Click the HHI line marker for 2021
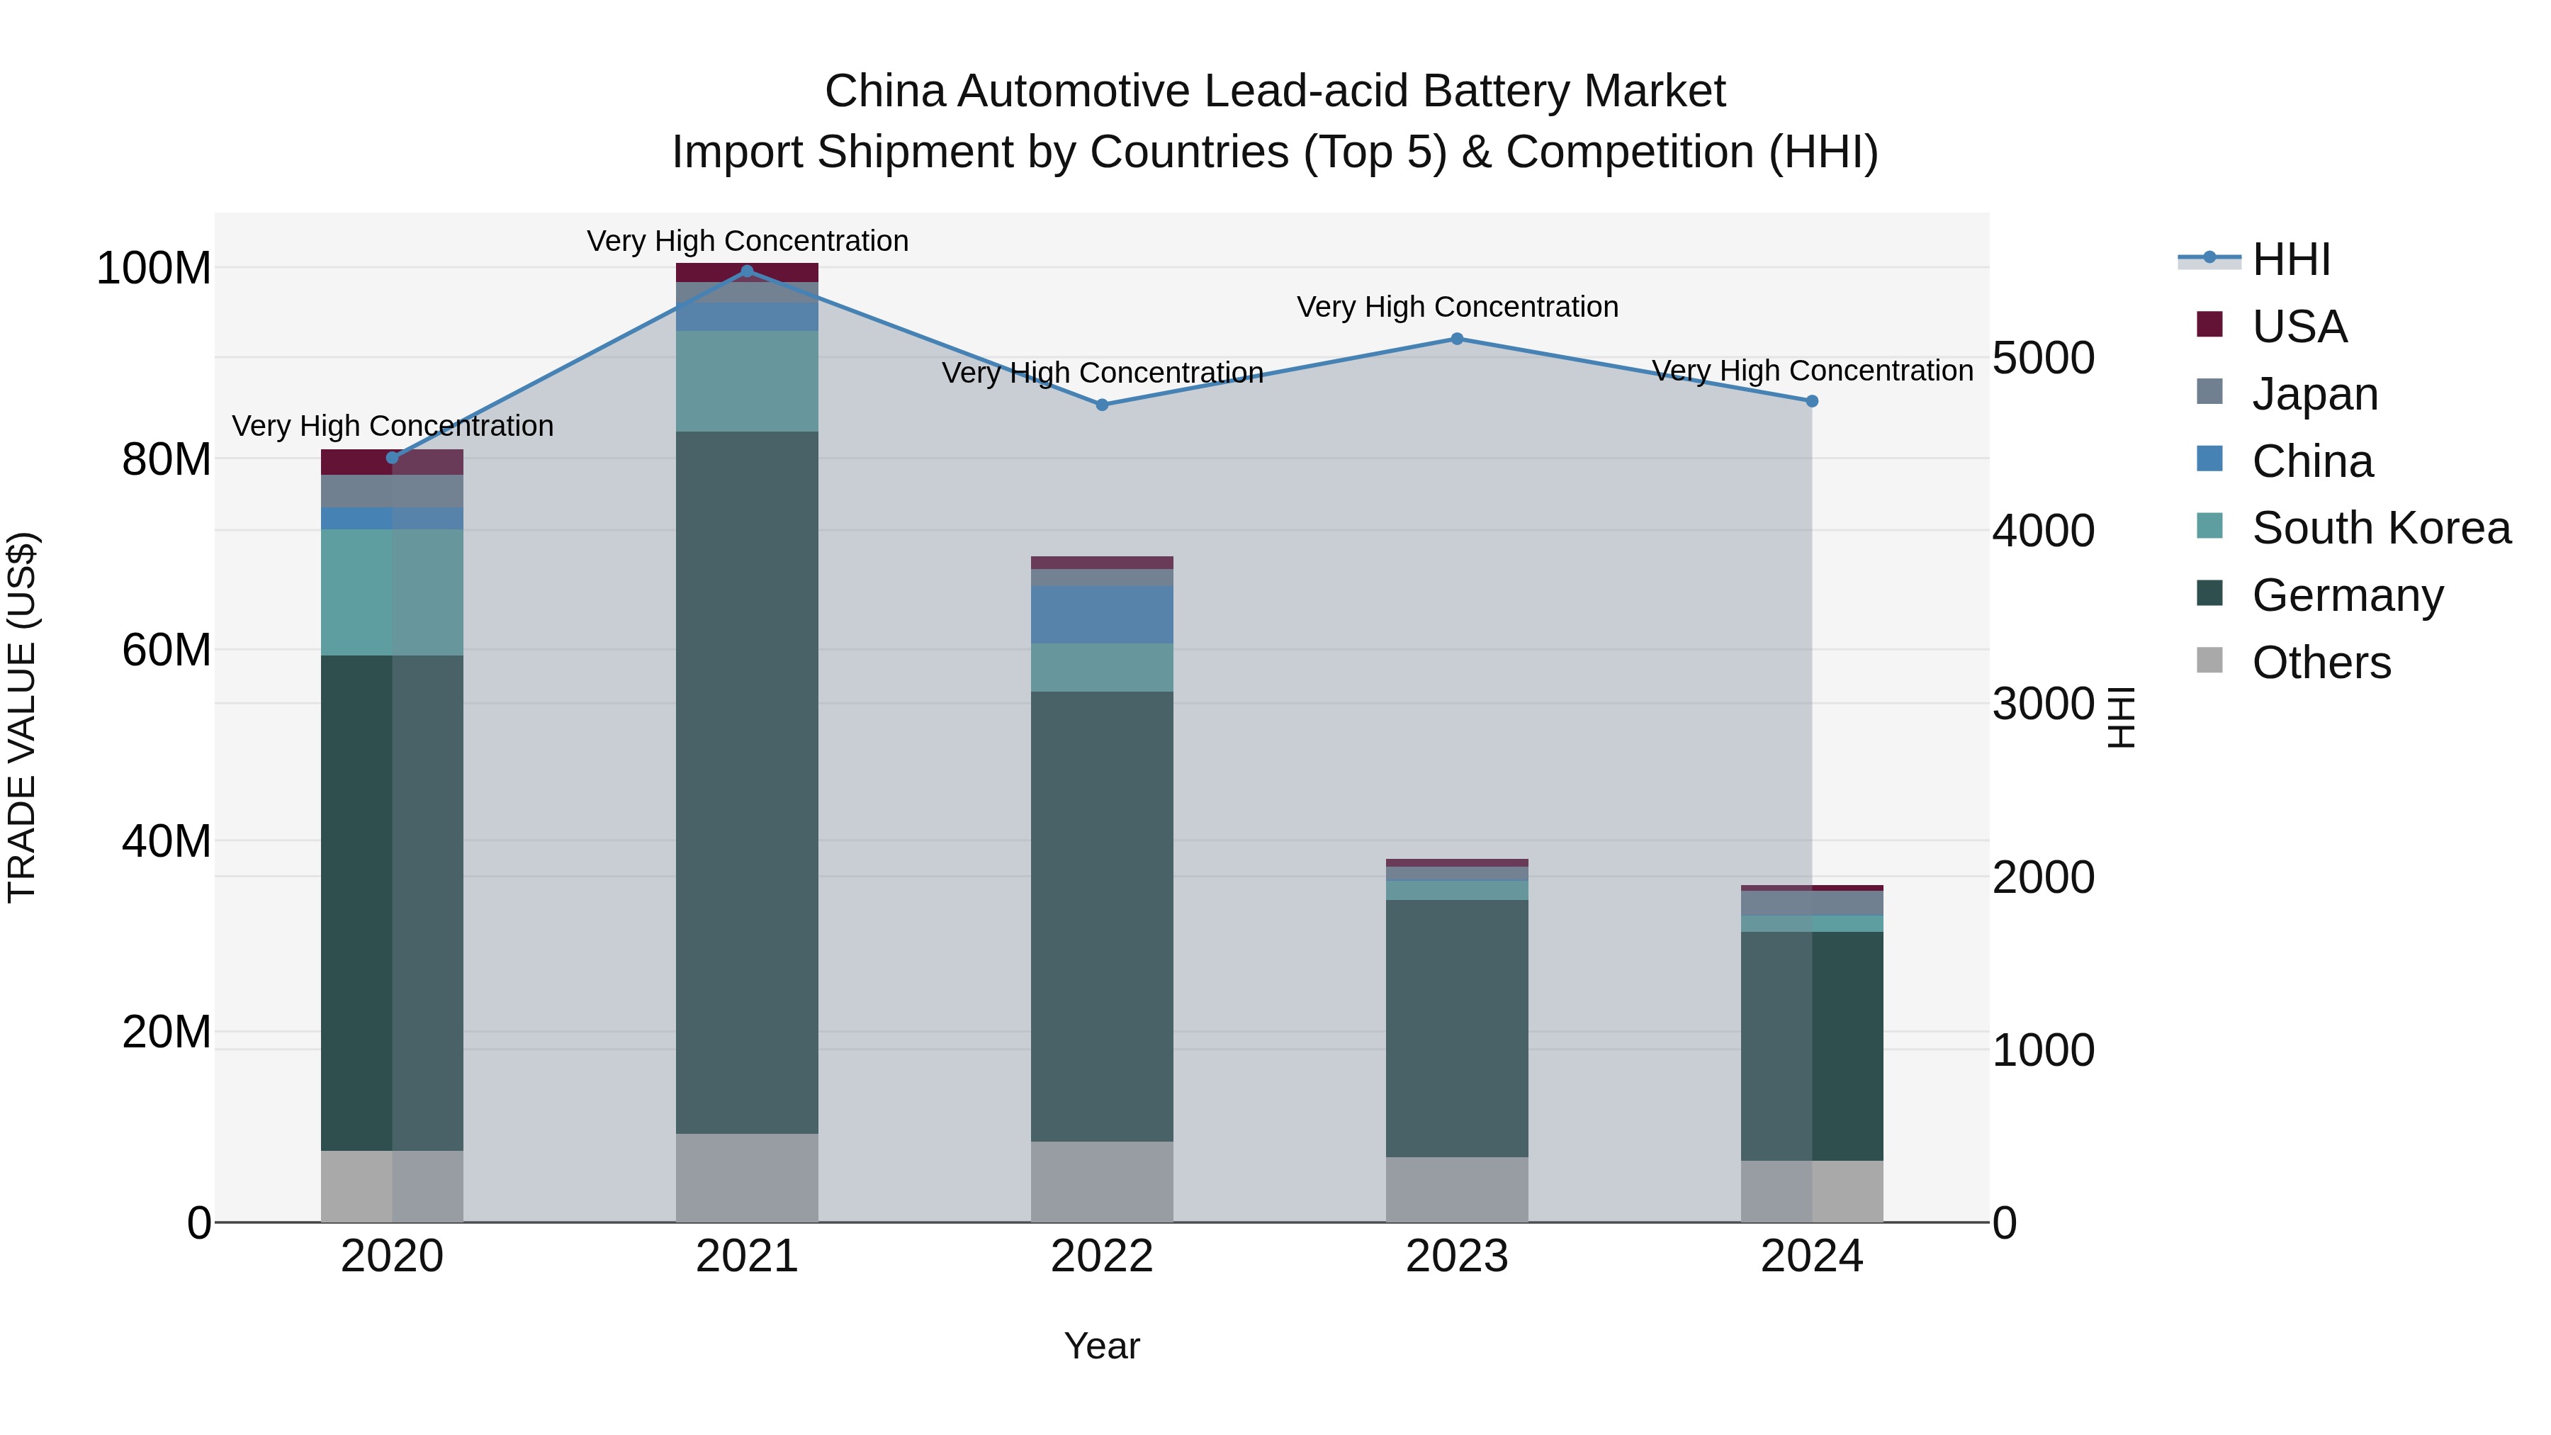click(x=747, y=271)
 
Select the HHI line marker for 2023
click(x=1457, y=339)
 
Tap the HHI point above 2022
click(x=1102, y=405)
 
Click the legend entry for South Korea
click(x=2381, y=528)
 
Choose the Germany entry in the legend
click(x=2347, y=595)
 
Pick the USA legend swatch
click(x=2209, y=325)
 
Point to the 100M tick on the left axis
click(x=154, y=269)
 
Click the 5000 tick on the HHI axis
click(x=2043, y=358)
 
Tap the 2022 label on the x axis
click(x=1101, y=1256)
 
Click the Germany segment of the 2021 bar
click(x=747, y=782)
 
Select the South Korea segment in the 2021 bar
click(x=747, y=381)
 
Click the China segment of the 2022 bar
click(x=1101, y=615)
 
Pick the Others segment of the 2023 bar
click(x=1457, y=1189)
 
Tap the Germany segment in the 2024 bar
click(x=1811, y=1046)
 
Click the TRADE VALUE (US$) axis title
click(x=22, y=717)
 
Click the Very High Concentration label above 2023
click(x=1457, y=307)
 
